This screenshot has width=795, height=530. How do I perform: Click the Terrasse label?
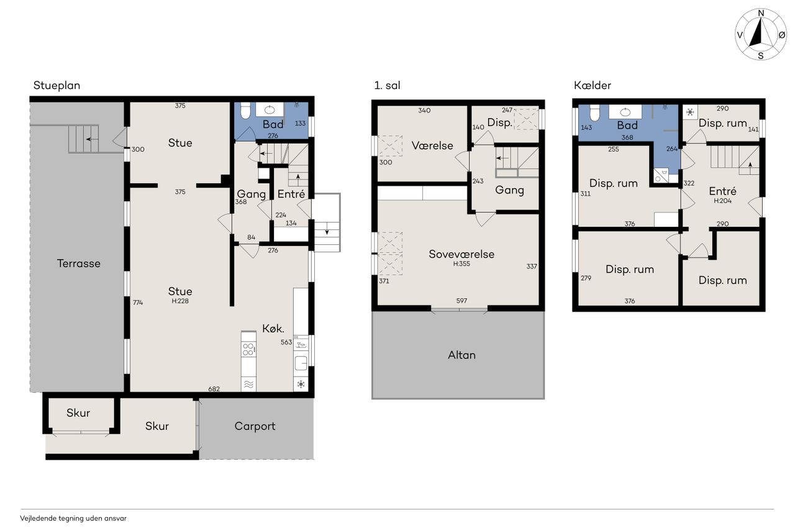pyautogui.click(x=79, y=263)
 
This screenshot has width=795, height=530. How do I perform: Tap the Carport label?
pyautogui.click(x=255, y=426)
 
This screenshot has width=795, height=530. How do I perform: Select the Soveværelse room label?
pyautogui.click(x=461, y=254)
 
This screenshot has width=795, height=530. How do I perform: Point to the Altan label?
pyautogui.click(x=461, y=355)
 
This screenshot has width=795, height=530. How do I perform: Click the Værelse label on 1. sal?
pyautogui.click(x=432, y=145)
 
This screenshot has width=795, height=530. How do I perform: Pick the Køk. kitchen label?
pyautogui.click(x=273, y=329)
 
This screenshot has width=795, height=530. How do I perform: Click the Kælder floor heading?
pyautogui.click(x=593, y=85)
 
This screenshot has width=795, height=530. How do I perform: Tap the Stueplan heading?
pyautogui.click(x=57, y=86)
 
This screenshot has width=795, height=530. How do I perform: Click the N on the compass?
pyautogui.click(x=761, y=14)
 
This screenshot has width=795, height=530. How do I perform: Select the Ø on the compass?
pyautogui.click(x=782, y=35)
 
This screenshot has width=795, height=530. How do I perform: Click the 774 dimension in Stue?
pyautogui.click(x=138, y=303)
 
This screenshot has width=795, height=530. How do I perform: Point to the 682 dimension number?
pyautogui.click(x=214, y=389)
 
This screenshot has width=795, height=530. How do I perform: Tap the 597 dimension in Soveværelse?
pyautogui.click(x=461, y=301)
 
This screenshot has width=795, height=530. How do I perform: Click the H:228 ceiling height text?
pyautogui.click(x=180, y=301)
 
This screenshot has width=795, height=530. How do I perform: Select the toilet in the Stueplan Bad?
pyautogui.click(x=245, y=111)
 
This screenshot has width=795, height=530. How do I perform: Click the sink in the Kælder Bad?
pyautogui.click(x=625, y=112)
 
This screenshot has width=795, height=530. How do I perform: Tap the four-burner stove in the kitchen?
pyautogui.click(x=248, y=349)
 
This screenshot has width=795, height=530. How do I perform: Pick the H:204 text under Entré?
pyautogui.click(x=722, y=201)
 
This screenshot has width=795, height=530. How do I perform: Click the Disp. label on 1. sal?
pyautogui.click(x=500, y=123)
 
